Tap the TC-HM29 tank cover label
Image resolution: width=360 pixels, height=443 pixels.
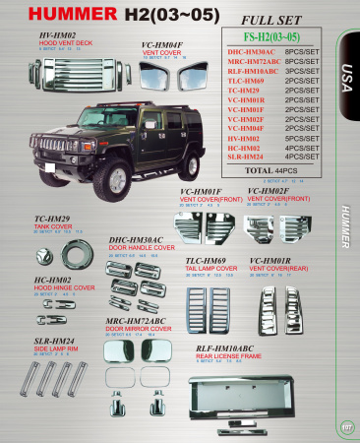coord(50,218)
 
